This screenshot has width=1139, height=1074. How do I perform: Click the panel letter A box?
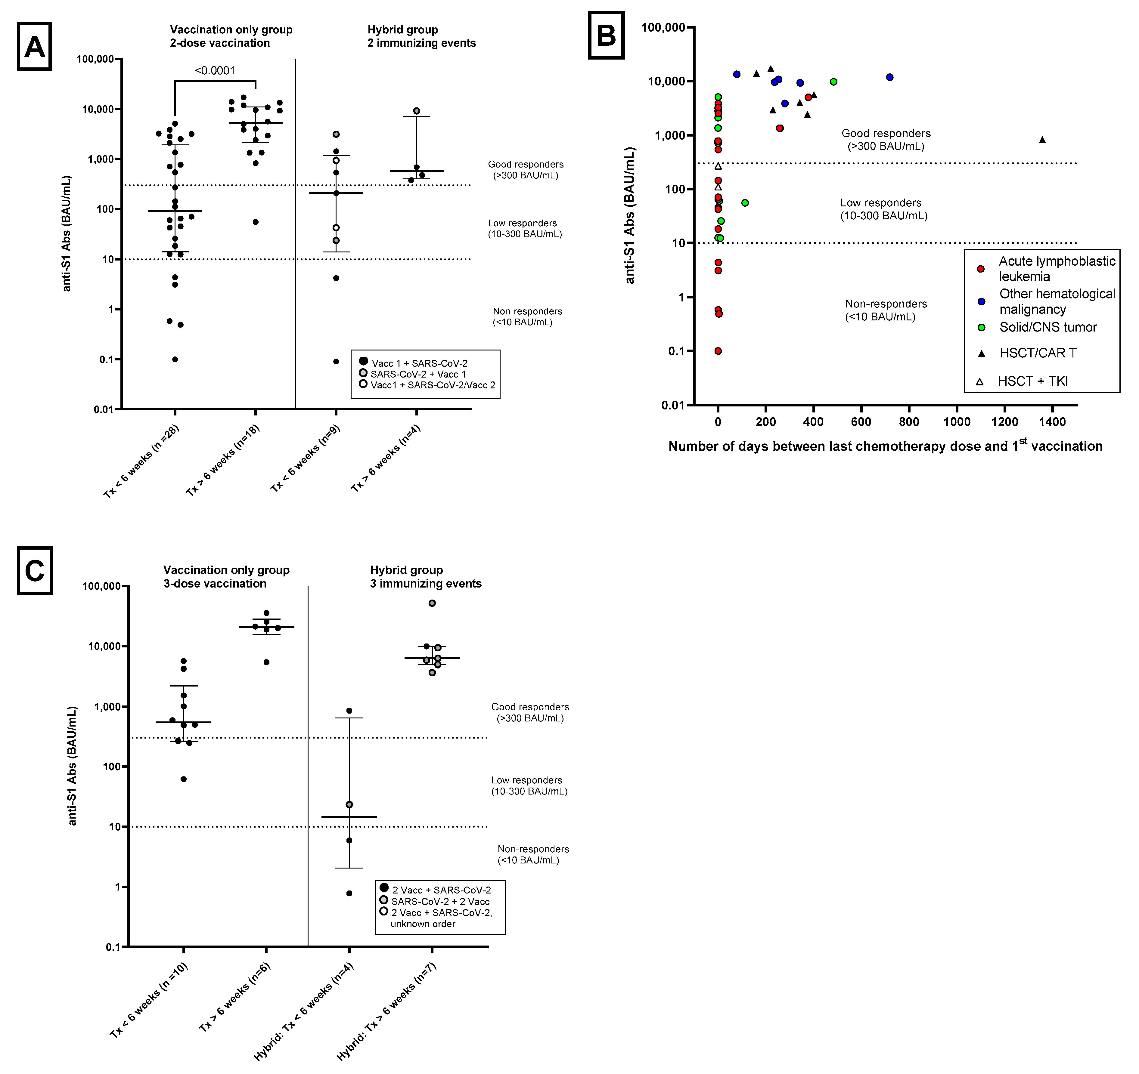(x=34, y=46)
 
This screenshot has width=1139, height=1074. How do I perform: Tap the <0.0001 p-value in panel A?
(x=215, y=70)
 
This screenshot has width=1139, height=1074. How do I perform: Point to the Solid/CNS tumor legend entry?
(x=1048, y=327)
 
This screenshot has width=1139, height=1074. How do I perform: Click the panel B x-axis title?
(x=885, y=446)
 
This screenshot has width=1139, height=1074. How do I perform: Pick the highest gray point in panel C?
(x=433, y=603)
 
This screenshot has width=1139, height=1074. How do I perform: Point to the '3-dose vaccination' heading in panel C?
(x=215, y=583)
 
